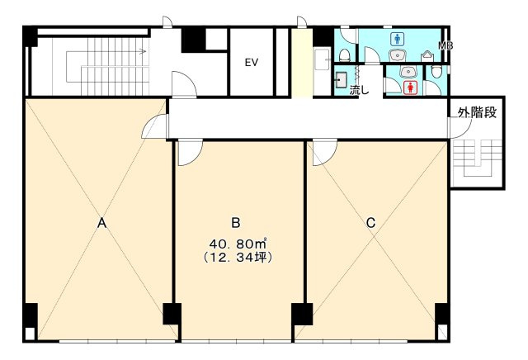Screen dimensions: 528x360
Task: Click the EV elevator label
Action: tap(252, 63)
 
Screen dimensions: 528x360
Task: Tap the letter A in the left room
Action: tap(101, 223)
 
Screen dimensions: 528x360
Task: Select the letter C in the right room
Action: tap(370, 223)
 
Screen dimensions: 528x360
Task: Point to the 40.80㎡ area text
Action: tap(238, 243)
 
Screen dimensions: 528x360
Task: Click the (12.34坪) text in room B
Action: tap(238, 257)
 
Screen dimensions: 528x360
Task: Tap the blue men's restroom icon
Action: tap(398, 39)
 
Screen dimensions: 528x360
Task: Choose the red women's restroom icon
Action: tap(410, 88)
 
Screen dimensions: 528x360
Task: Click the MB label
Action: tap(445, 45)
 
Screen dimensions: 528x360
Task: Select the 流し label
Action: tap(360, 90)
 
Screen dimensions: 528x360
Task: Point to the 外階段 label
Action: tap(477, 113)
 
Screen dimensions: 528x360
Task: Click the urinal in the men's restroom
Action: tap(427, 56)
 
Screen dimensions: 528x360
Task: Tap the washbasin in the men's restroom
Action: tap(398, 55)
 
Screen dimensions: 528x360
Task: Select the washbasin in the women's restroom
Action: tap(409, 72)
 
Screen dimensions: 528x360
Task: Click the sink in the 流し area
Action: tap(341, 80)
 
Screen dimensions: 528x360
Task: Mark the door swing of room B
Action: tap(191, 153)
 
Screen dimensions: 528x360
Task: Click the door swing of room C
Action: tap(325, 153)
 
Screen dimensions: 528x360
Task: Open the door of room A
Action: tap(154, 126)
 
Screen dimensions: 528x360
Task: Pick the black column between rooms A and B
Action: tap(172, 314)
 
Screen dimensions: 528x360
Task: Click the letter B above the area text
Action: tap(236, 223)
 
